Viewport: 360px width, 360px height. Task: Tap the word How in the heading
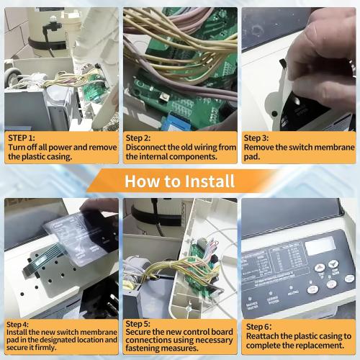coord(139,180)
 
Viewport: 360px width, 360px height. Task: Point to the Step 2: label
coord(138,137)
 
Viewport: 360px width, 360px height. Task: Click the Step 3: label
coord(256,137)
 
